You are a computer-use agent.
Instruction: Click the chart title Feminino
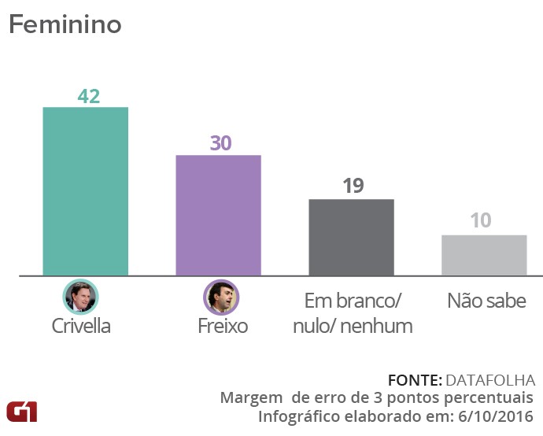coord(65,24)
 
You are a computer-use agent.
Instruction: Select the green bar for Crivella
coord(85,191)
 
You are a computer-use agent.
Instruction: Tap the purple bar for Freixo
coord(218,215)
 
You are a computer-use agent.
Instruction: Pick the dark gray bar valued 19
coord(351,237)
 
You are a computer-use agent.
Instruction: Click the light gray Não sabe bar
coord(484,255)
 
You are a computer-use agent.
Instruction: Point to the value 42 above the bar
coord(88,96)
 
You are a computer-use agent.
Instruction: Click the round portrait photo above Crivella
coord(79,297)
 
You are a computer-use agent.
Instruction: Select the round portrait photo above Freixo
coord(221,297)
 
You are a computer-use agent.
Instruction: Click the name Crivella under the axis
coord(80,326)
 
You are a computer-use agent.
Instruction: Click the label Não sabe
coord(486,301)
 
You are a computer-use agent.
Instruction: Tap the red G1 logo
coord(21,410)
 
